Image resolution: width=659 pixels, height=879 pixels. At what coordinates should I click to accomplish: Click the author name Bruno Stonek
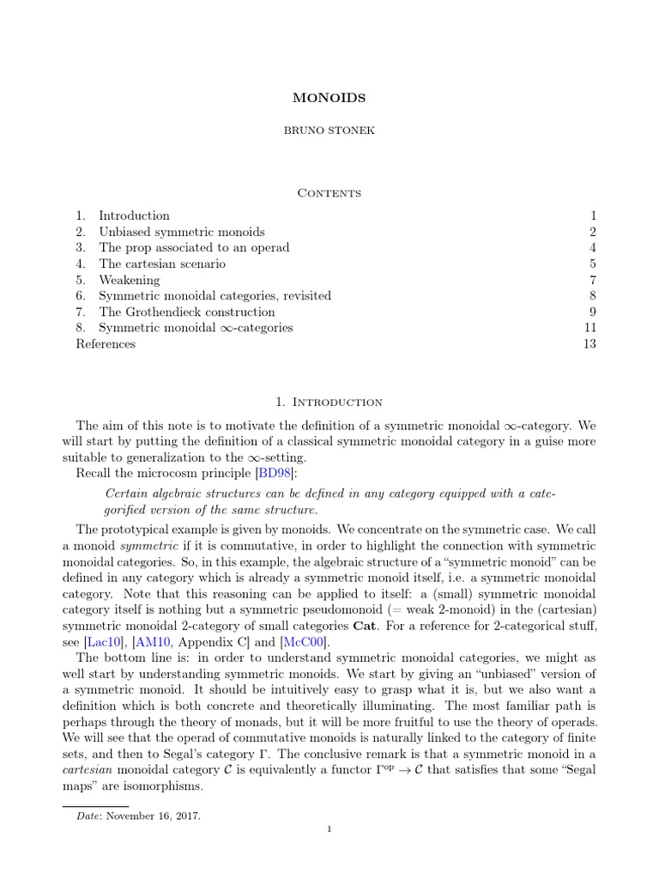(x=329, y=138)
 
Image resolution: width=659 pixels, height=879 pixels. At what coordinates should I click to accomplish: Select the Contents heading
(x=329, y=192)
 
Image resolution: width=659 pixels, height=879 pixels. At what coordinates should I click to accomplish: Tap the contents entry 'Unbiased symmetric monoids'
(x=181, y=232)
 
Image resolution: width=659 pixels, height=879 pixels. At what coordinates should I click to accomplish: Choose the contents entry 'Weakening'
(x=129, y=280)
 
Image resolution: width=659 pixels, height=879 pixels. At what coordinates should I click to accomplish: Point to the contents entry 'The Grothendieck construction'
(x=186, y=312)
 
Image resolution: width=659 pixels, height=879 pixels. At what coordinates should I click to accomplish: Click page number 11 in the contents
(x=589, y=328)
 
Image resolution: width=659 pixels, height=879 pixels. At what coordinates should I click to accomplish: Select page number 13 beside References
(x=589, y=344)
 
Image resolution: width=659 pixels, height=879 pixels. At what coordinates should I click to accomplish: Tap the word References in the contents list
(x=106, y=344)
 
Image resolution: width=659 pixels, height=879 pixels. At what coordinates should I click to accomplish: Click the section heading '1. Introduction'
(x=329, y=402)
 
